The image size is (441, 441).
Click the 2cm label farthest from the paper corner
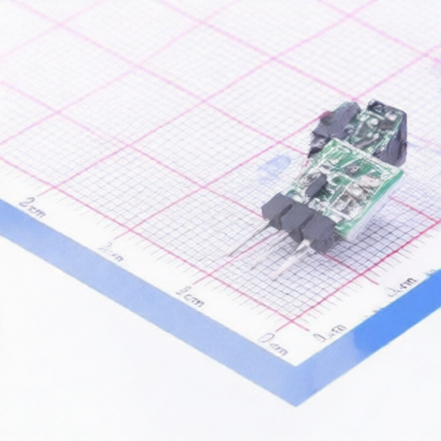coord(33,206)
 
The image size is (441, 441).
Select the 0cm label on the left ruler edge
coord(274,344)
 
